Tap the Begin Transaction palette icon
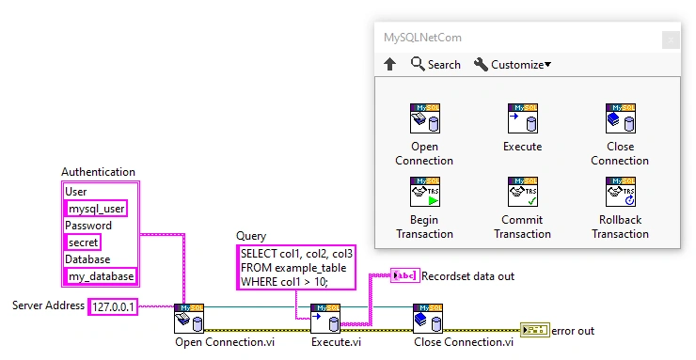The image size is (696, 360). [424, 192]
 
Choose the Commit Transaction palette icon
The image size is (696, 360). [522, 192]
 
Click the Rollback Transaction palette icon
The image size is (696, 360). [620, 192]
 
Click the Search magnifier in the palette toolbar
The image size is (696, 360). [419, 65]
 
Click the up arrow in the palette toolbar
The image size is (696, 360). [390, 65]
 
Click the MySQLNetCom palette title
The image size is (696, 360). [422, 39]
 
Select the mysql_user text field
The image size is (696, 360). [95, 209]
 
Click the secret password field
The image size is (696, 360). [82, 243]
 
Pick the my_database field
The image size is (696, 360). [100, 276]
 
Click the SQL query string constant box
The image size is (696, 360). [296, 267]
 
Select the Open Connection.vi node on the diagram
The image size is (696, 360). [189, 319]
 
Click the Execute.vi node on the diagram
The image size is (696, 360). [325, 319]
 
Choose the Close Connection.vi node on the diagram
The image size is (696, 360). [427, 319]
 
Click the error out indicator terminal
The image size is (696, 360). [534, 331]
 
